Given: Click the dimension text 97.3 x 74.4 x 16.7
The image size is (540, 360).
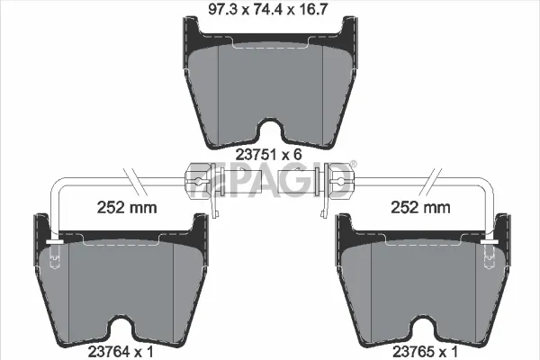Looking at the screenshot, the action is coord(267,9).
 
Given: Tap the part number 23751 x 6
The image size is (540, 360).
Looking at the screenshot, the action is coord(268,155).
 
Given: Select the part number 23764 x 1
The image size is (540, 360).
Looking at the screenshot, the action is coord(121,352).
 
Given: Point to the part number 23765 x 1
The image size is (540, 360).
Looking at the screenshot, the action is coord(426,352).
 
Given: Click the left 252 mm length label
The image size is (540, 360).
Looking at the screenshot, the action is coord(127,207).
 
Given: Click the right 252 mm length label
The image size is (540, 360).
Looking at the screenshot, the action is coord(420,207).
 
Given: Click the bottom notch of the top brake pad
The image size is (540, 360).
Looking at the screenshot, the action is coord(270,130).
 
